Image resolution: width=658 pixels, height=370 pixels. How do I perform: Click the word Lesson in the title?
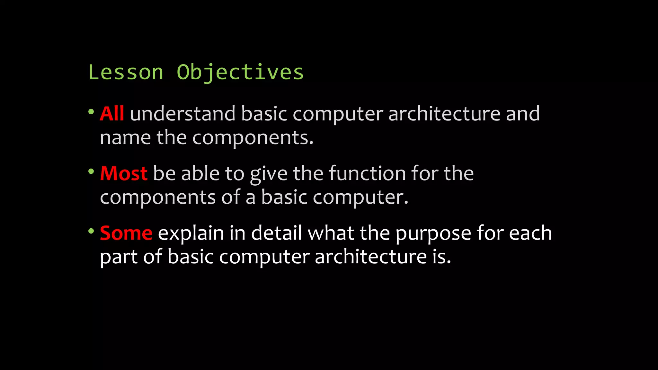[126, 72]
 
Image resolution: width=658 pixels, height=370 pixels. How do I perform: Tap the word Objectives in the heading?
[240, 72]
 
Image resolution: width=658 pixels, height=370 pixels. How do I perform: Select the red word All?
[112, 114]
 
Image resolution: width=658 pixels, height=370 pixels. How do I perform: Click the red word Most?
[124, 173]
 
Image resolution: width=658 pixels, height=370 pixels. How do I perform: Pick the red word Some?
[126, 233]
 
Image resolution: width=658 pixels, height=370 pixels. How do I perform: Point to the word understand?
[182, 114]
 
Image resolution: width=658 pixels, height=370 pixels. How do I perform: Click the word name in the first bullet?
[125, 138]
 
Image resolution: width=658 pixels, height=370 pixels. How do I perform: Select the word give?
[269, 174]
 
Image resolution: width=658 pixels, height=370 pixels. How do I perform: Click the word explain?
[191, 234]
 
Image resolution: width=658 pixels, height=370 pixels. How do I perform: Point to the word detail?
[276, 233]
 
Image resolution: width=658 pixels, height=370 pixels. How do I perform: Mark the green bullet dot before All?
[91, 112]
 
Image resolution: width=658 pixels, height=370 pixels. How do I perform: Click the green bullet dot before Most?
[91, 172]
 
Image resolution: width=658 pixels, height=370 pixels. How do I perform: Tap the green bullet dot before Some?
[91, 231]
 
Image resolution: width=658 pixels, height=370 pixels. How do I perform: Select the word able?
[200, 173]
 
